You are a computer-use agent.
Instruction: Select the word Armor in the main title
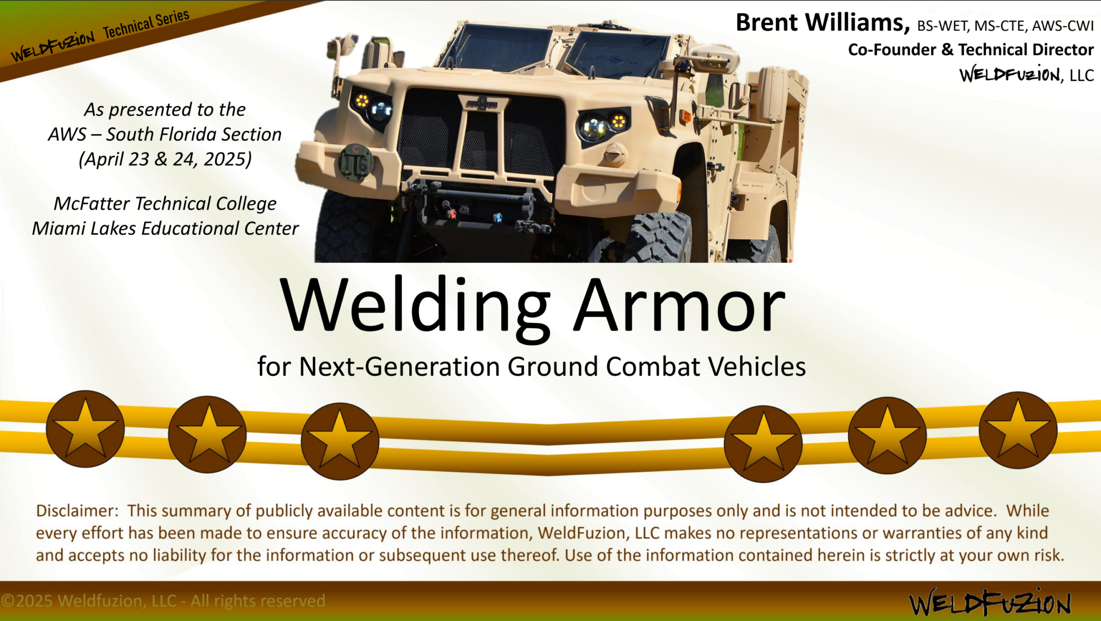tap(680, 306)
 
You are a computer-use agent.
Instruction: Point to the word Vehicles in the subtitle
tap(757, 367)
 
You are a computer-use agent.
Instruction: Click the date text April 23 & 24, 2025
tap(165, 159)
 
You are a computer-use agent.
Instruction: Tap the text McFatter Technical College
tap(165, 204)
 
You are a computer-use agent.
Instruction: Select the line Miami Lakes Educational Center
tap(165, 228)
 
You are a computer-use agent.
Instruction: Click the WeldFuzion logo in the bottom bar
tap(989, 602)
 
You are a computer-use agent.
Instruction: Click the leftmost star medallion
tap(85, 429)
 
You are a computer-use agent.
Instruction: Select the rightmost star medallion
tap(1018, 430)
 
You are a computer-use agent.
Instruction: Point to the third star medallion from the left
tap(340, 441)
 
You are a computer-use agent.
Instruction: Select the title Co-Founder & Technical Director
tap(971, 49)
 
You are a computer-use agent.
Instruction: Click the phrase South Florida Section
tap(194, 134)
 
